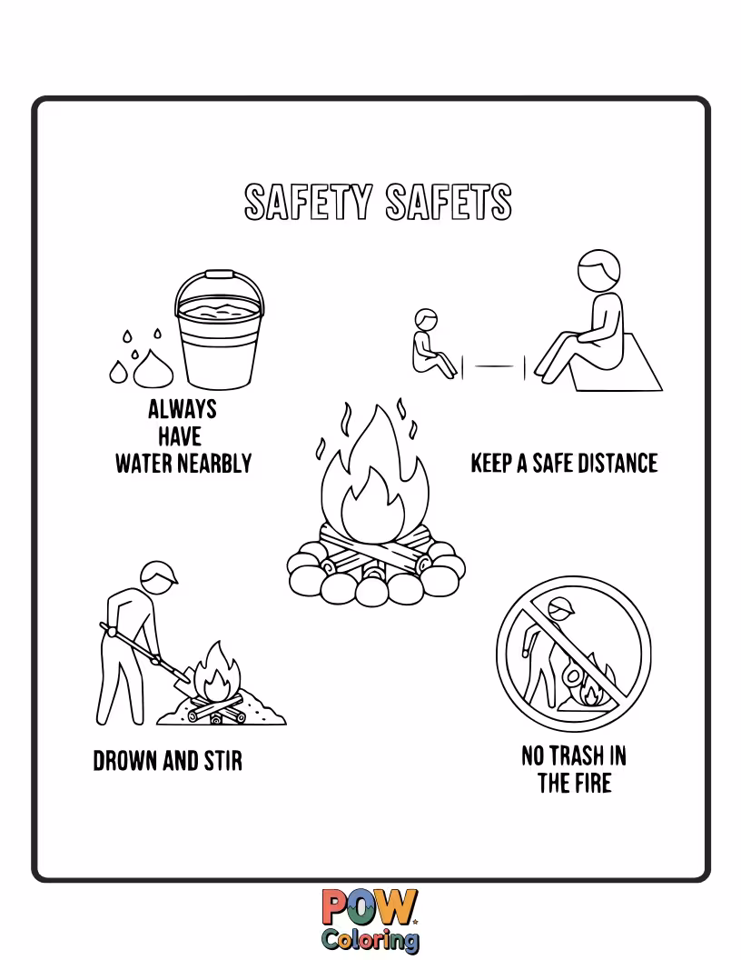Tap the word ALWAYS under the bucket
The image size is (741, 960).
pyautogui.click(x=183, y=409)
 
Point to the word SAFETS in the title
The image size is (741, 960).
pyautogui.click(x=449, y=203)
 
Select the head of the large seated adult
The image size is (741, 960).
pyautogui.click(x=599, y=269)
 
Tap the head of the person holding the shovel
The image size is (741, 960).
pyautogui.click(x=158, y=578)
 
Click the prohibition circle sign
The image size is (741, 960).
pyautogui.click(x=573, y=651)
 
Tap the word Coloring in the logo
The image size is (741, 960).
pyautogui.click(x=370, y=938)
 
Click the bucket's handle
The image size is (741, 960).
pyautogui.click(x=219, y=284)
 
